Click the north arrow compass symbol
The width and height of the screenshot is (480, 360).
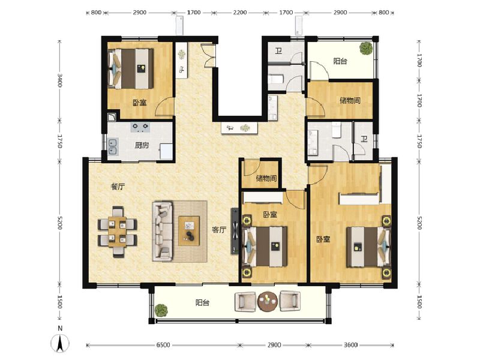coord(60,341)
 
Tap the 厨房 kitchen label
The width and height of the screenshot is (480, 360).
coord(142,145)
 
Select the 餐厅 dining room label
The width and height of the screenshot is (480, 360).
coord(118,187)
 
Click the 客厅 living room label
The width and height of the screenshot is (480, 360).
coord(219,229)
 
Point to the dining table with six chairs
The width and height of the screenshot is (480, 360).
coord(118,232)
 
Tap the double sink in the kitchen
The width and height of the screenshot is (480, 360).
coord(113,145)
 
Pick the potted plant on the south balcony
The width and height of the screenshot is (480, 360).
coord(160,310)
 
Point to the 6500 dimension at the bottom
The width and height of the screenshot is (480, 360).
coord(163,345)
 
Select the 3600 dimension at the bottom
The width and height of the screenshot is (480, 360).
coord(352,345)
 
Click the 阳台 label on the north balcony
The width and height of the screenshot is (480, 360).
coord(340,61)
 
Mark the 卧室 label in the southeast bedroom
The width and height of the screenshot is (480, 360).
coord(323,239)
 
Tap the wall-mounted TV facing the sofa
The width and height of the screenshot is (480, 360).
coord(234,230)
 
